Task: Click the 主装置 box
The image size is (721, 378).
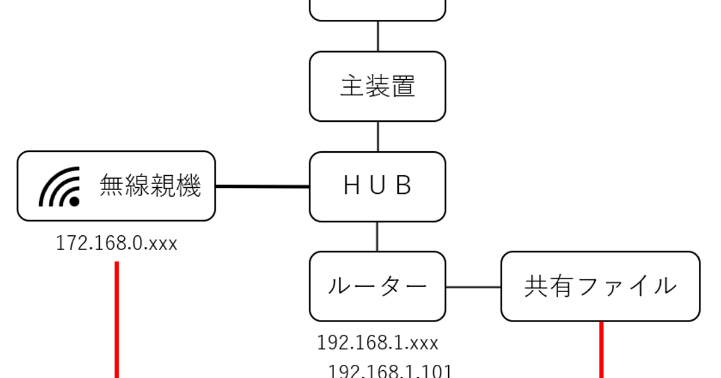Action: pos(377,86)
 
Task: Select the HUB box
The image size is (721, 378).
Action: pos(377,187)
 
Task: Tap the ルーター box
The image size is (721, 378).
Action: pos(377,286)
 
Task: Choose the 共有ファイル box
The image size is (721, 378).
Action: pos(600,286)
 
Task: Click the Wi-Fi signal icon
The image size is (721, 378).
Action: pos(61,187)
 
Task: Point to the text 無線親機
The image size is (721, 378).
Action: pos(150,187)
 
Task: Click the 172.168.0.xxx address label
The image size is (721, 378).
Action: pos(117,244)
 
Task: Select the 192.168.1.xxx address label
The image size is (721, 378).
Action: pos(377,343)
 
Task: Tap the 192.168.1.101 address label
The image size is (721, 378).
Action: pos(390,371)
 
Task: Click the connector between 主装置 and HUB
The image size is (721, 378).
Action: pos(377,136)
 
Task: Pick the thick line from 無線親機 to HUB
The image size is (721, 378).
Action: pos(262,187)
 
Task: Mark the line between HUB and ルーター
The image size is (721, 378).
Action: pos(377,236)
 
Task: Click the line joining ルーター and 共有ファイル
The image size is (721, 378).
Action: pos(473,287)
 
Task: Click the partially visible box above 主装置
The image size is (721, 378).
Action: pos(377,9)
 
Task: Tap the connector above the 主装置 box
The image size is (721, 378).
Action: pos(377,36)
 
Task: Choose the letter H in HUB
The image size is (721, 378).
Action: pos(351,187)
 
